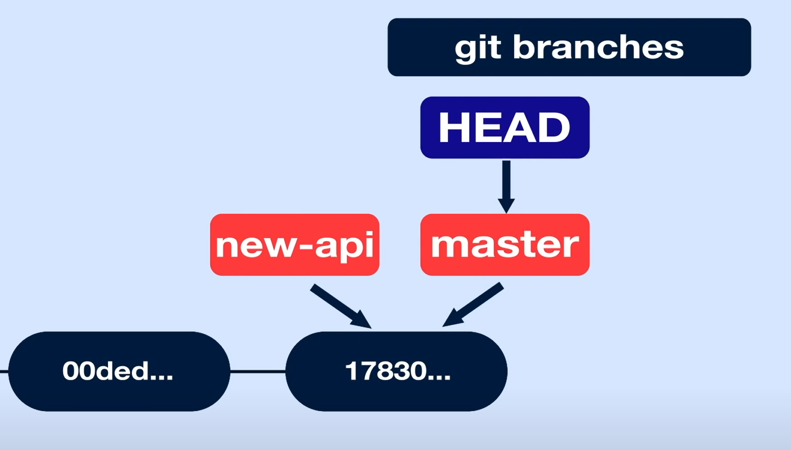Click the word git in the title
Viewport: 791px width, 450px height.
tap(478, 48)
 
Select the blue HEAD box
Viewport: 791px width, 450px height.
tap(505, 128)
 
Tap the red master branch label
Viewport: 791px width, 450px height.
tap(505, 245)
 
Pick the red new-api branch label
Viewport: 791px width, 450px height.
tap(295, 245)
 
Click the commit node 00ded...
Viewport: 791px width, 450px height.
tap(119, 371)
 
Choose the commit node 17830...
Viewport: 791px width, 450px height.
tap(396, 371)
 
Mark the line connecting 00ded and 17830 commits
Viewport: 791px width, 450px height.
tap(258, 371)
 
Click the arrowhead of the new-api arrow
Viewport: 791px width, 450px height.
tap(362, 320)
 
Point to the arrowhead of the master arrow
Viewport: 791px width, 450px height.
tap(451, 319)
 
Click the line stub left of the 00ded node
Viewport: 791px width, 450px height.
tap(4, 371)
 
